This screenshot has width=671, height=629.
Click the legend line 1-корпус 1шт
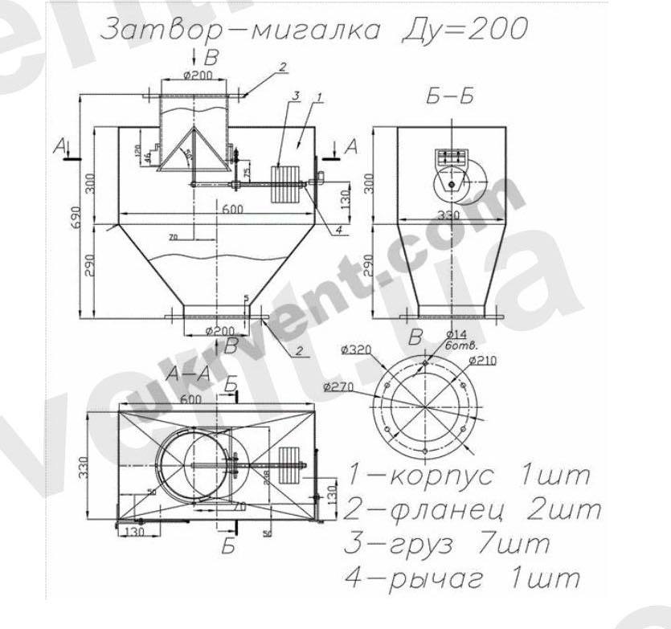tap(469, 475)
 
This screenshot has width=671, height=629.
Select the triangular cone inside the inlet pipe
tap(190, 153)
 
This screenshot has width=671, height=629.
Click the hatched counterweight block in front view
tap(283, 186)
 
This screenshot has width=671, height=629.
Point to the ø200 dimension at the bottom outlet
tap(219, 330)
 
